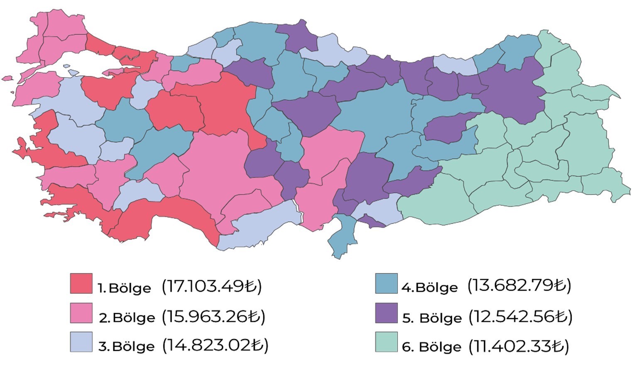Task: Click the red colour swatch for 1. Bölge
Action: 81,284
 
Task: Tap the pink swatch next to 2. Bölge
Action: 81,313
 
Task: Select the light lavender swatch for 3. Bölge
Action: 81,342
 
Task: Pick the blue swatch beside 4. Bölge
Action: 386,284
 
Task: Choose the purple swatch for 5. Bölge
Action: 386,313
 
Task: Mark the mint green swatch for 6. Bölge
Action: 386,342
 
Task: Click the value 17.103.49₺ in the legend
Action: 212,286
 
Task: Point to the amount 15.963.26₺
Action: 213,316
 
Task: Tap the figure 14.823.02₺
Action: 215,345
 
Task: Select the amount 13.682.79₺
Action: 519,285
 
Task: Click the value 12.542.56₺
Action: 520,316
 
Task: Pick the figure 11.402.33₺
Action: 519,346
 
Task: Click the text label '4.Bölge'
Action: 429,287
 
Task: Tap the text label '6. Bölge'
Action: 431,347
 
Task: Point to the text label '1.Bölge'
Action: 124,288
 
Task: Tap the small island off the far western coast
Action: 7,78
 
